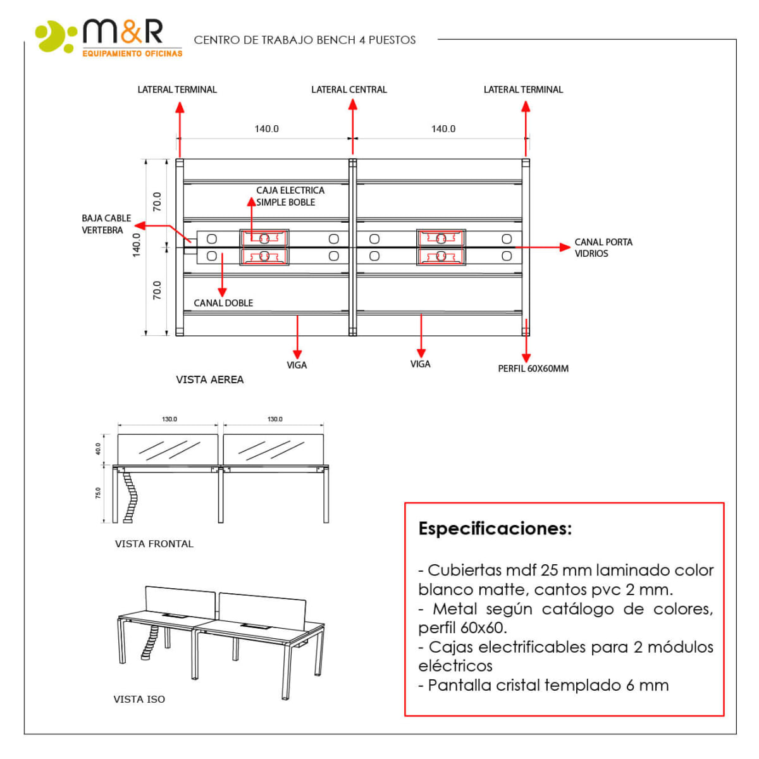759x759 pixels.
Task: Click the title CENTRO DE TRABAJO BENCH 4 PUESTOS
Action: point(304,40)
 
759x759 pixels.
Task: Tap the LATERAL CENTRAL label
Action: point(349,90)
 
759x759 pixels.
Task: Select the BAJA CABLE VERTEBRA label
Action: point(106,224)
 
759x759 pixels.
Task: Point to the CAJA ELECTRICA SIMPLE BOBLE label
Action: point(290,196)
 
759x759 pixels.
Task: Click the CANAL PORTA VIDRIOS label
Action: point(603,247)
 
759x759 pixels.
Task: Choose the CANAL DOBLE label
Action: point(223,303)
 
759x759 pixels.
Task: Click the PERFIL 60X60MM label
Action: point(533,368)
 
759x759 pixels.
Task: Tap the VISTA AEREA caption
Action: point(209,379)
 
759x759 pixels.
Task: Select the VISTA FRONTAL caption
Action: point(154,544)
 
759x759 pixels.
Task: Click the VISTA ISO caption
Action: point(139,699)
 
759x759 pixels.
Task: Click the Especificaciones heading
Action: point(495,529)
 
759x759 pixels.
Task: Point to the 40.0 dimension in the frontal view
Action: point(98,448)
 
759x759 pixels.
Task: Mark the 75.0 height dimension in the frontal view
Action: point(98,493)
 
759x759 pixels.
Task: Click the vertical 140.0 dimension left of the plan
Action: point(137,245)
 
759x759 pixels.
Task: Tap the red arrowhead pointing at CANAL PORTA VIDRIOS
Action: point(565,247)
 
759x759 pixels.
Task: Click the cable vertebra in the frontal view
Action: point(131,497)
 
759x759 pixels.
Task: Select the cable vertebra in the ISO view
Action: point(151,643)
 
